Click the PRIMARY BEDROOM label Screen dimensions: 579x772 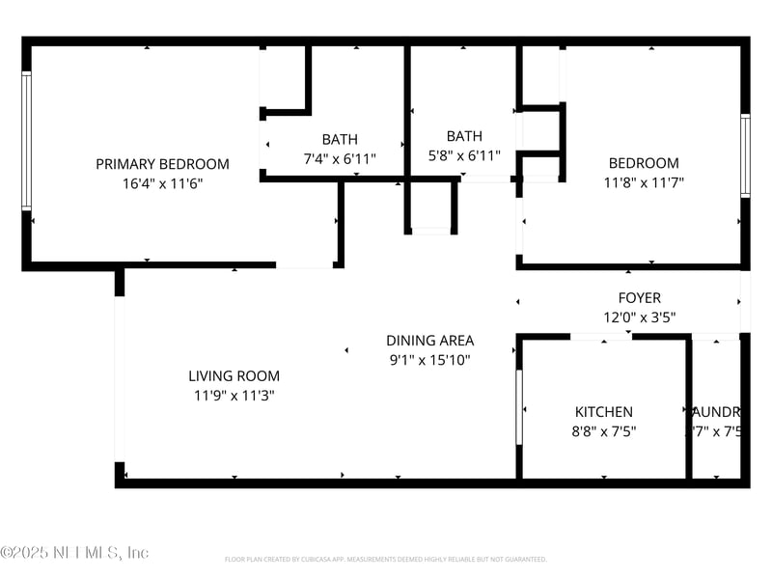coord(162,164)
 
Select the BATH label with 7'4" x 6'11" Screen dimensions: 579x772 coord(340,140)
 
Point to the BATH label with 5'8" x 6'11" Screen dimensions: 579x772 coord(464,136)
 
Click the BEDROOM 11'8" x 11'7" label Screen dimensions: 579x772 coord(644,164)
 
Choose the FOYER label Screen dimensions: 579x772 coord(640,298)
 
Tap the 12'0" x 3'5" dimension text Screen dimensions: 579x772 coord(640,317)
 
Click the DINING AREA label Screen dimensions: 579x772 coord(430,341)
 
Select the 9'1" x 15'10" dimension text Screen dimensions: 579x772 coord(430,360)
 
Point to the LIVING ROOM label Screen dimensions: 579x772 coord(234,376)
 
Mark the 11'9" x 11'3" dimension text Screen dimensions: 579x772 coord(234,396)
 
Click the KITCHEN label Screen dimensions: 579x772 coord(604,412)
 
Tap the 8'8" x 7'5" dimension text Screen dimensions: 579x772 coord(604,432)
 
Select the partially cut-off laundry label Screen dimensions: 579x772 coord(719,412)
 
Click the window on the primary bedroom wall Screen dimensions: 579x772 coord(27,140)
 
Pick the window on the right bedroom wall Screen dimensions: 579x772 coord(745,155)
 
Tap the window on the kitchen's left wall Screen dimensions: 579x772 coord(519,405)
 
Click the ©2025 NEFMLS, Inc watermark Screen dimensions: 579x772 coord(75,553)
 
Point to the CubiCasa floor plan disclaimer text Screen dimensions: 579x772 coord(386,559)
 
